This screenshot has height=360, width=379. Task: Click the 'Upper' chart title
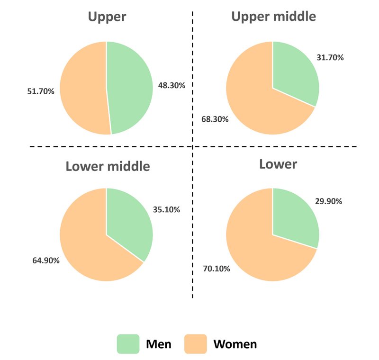tap(107, 17)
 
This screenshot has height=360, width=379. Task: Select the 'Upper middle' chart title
tap(273, 17)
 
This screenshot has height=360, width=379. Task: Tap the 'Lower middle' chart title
tap(108, 166)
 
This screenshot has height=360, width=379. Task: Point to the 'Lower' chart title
tap(278, 164)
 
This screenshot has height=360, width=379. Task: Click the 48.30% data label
tap(171, 86)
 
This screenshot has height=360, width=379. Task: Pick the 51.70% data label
tap(41, 91)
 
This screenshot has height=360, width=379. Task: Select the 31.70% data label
tap(330, 58)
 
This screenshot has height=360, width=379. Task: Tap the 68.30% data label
tap(215, 119)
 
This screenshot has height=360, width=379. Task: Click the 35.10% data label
tap(166, 209)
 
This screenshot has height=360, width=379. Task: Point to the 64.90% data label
tap(45, 260)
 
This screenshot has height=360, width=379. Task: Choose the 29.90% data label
tap(328, 201)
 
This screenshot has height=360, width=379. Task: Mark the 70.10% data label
tap(216, 269)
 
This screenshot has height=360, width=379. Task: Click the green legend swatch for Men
tap(128, 344)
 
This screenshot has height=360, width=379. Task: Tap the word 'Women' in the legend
tap(235, 344)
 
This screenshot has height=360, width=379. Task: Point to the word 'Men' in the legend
tap(159, 344)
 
